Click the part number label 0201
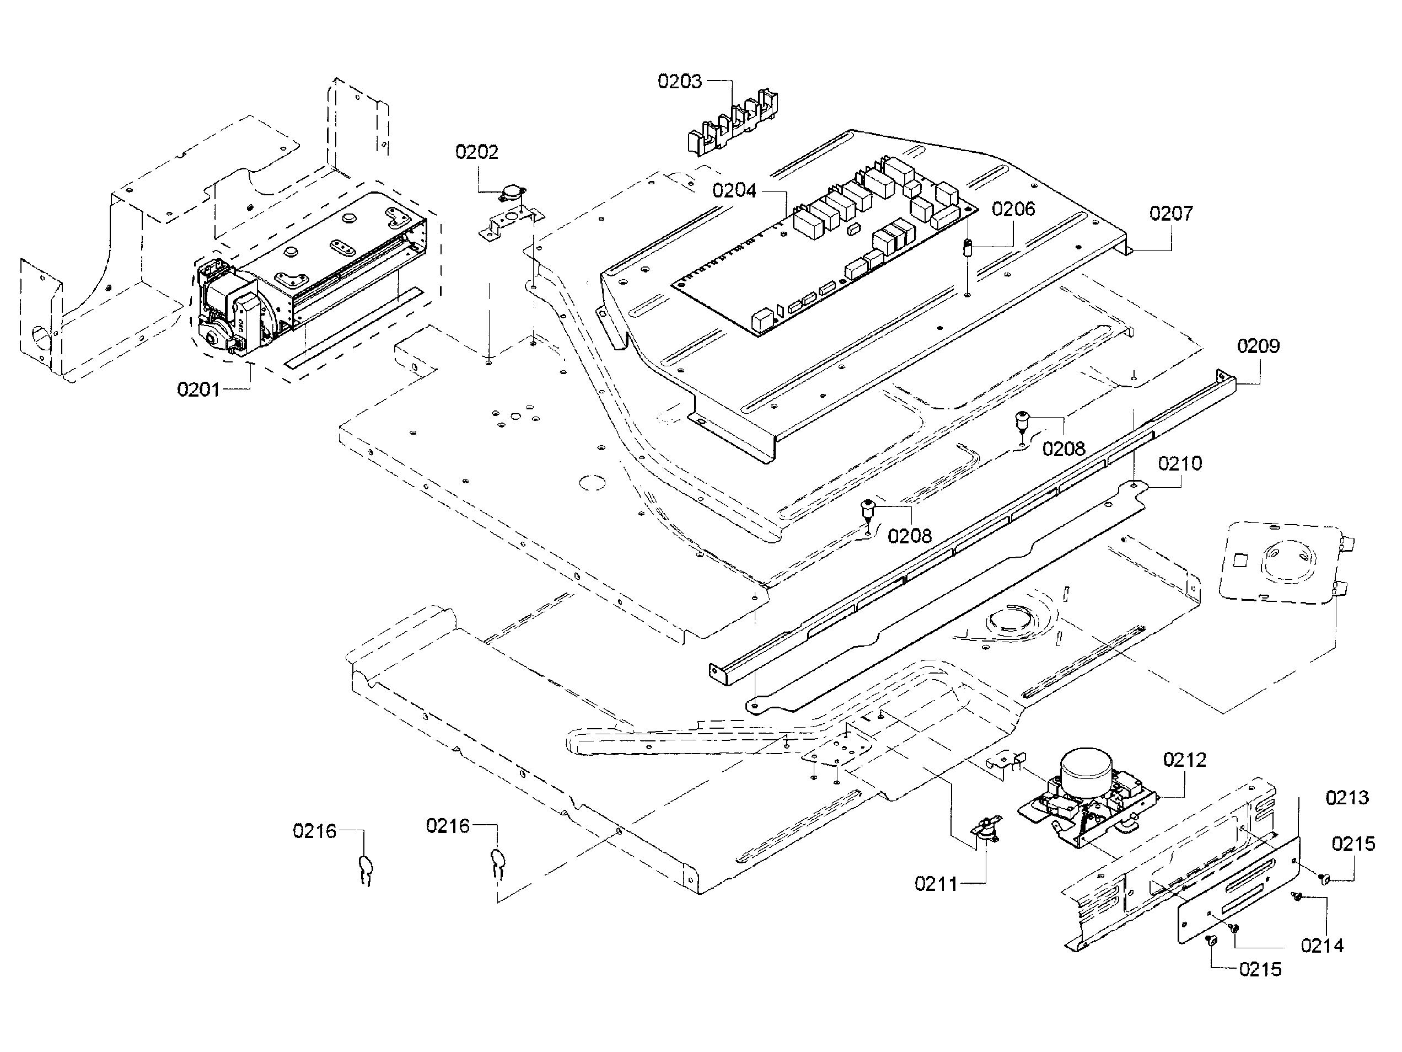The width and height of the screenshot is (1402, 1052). tap(198, 389)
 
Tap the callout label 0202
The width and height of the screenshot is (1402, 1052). tap(477, 152)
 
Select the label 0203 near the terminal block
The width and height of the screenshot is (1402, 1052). tap(679, 81)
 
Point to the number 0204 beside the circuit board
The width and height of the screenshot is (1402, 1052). tap(734, 191)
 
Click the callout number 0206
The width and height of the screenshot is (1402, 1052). tap(1013, 209)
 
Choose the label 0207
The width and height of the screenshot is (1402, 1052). tap(1170, 213)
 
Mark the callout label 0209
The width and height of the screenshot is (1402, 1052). tap(1258, 346)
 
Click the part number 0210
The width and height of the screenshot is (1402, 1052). tap(1179, 463)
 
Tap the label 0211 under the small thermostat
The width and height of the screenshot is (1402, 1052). tap(936, 884)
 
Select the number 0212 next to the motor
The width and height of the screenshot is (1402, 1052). tap(1184, 760)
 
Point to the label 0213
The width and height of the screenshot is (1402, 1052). tap(1347, 798)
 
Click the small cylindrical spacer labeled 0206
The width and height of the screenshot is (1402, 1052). tap(968, 247)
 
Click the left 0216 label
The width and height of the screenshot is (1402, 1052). tap(314, 831)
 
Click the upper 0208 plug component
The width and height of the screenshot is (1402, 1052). tap(1022, 419)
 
